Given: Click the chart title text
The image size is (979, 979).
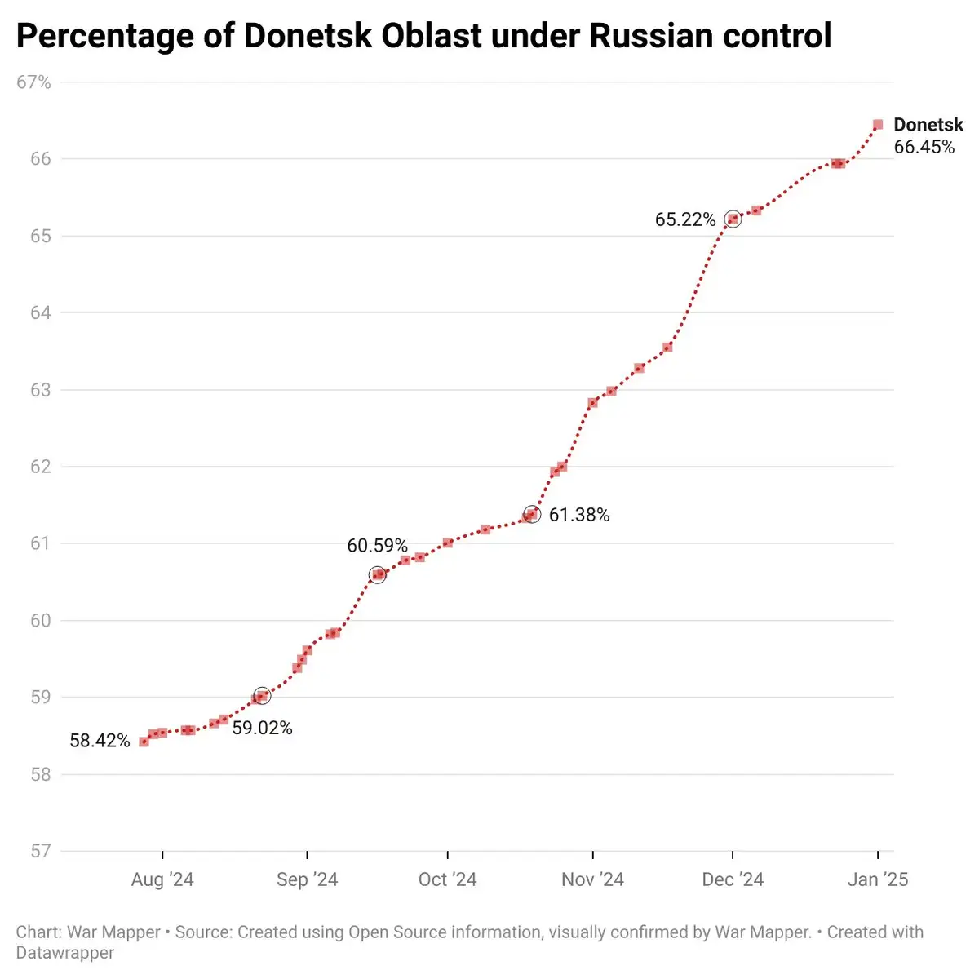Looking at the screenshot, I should [x=423, y=37].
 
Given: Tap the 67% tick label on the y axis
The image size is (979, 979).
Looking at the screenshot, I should [x=33, y=82].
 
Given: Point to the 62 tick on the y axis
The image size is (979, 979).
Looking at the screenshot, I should [x=41, y=467].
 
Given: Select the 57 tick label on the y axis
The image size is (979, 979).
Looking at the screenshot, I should [x=41, y=851].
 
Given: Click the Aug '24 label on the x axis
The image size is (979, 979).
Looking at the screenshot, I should [x=162, y=879].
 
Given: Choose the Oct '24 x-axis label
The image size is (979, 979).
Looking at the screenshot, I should [x=447, y=879].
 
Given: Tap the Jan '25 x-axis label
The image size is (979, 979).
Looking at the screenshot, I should [x=878, y=879].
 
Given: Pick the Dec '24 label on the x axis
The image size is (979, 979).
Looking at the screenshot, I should [x=733, y=879].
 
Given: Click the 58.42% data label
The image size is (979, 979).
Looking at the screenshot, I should [x=100, y=741].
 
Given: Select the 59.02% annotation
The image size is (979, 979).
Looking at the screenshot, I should [x=262, y=728].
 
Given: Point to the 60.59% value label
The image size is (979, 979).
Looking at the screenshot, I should [x=377, y=546].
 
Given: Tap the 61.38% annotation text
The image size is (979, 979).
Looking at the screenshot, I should [x=579, y=515].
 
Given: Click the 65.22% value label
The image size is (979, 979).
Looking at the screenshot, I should [x=685, y=219].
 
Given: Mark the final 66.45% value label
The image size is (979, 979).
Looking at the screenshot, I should [x=924, y=147].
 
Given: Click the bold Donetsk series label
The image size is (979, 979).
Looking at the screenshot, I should [x=928, y=125].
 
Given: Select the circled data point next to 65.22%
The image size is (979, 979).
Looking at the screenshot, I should [x=733, y=219].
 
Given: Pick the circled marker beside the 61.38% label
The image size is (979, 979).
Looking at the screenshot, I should [x=531, y=515].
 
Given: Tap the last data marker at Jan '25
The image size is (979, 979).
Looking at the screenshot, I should [x=878, y=125].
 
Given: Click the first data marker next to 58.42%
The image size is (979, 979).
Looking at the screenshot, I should [x=144, y=742].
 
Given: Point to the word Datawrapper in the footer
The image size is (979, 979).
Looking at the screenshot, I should [x=65, y=952].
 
